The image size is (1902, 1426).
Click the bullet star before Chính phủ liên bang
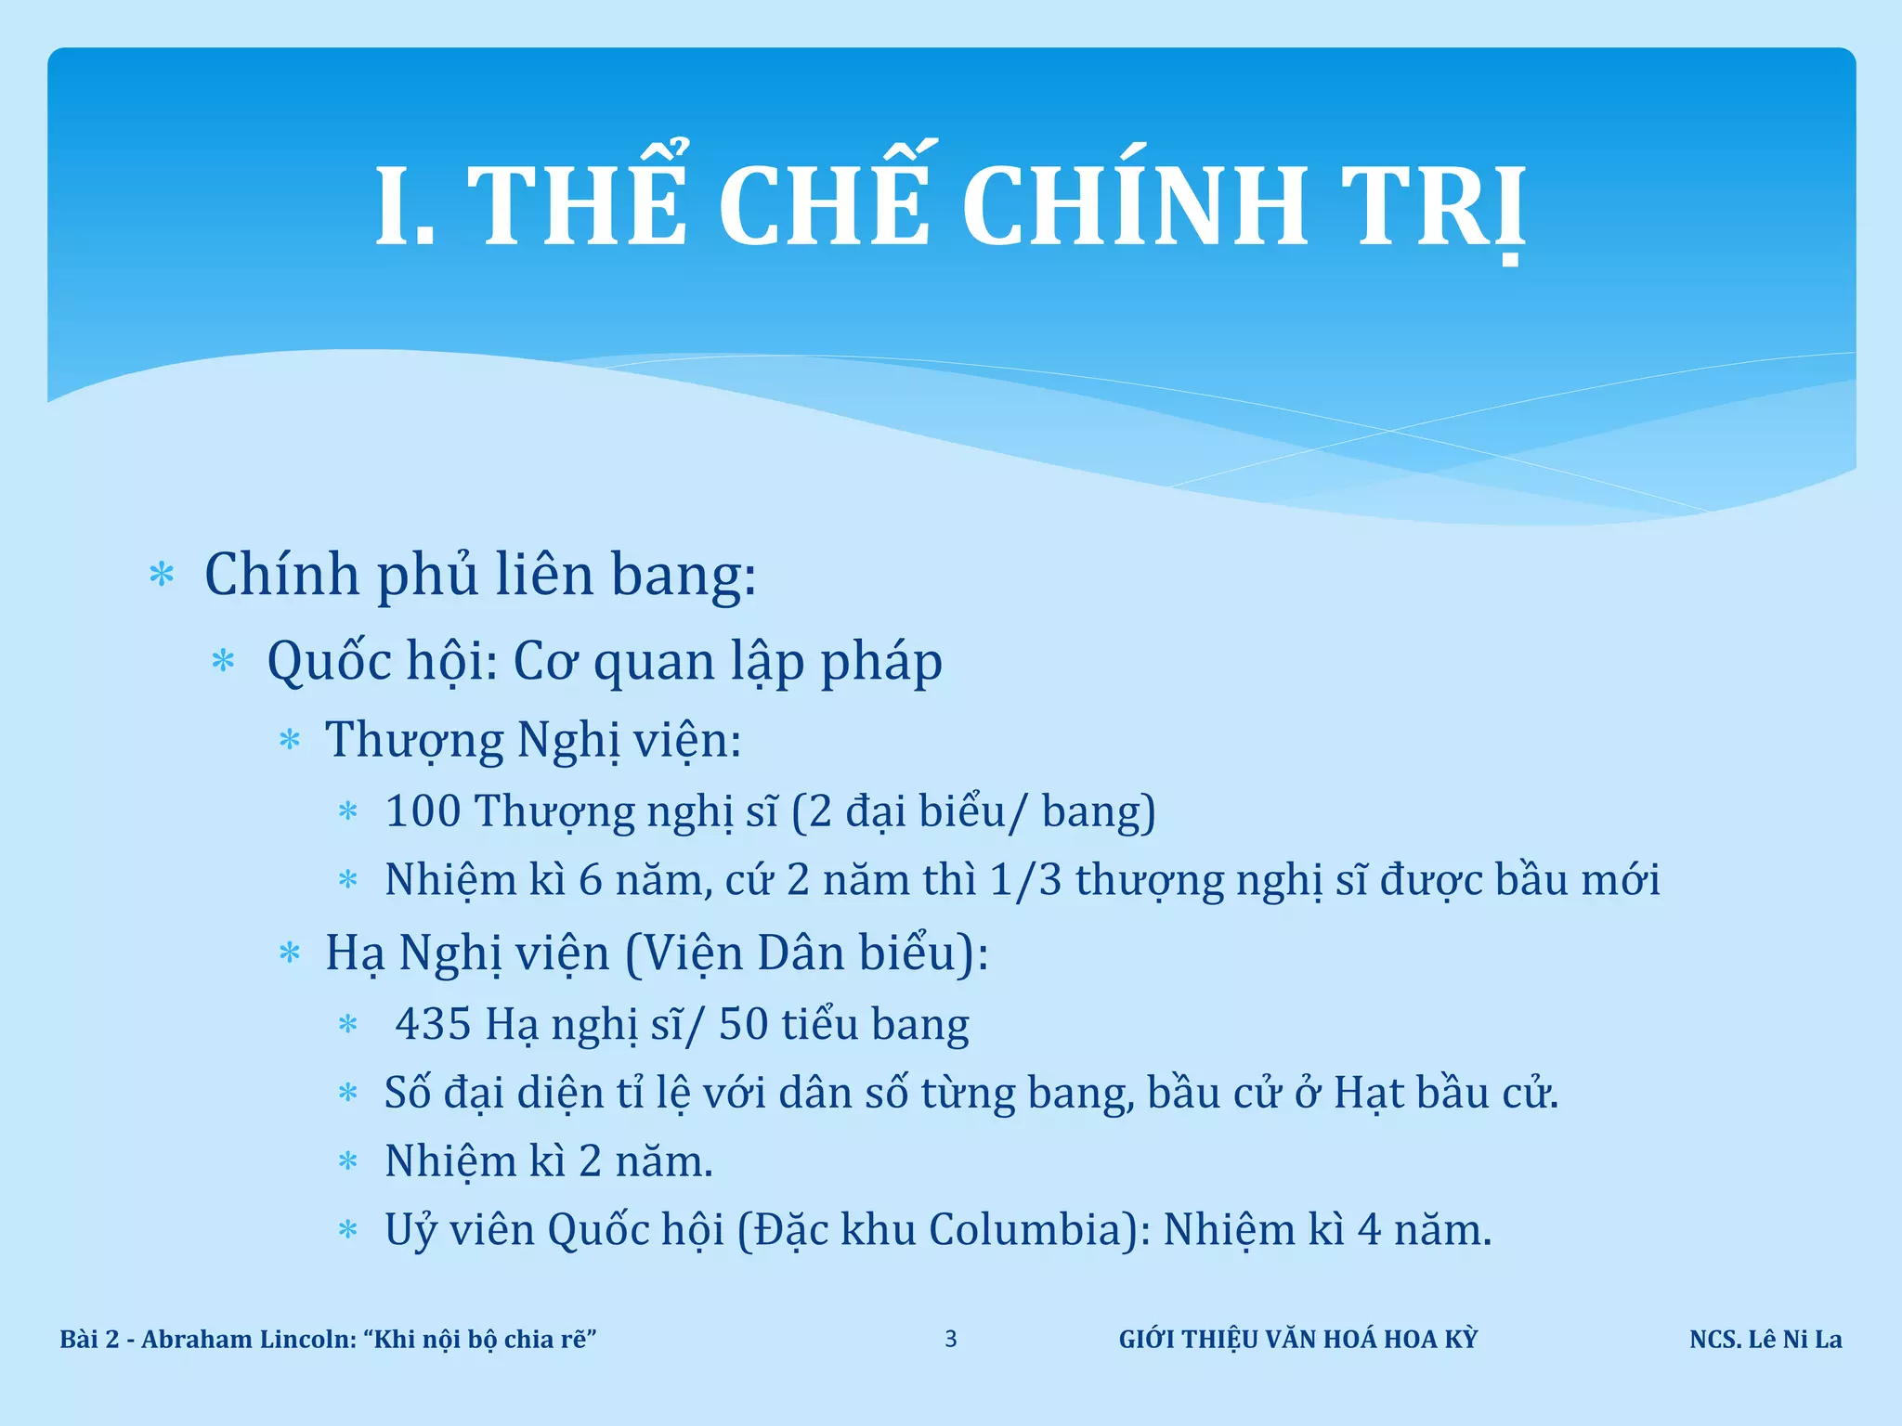point(162,576)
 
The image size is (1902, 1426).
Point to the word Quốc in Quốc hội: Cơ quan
point(328,662)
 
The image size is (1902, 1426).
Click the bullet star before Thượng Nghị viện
point(290,741)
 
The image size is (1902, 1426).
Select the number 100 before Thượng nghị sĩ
point(423,810)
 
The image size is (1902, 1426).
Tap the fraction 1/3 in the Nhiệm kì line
point(1025,880)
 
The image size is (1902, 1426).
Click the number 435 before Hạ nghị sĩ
point(433,1024)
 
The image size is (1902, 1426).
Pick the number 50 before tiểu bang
point(743,1024)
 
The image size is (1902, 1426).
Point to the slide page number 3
point(950,1339)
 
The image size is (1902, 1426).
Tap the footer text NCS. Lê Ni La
point(1765,1340)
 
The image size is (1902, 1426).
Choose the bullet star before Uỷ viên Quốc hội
point(348,1231)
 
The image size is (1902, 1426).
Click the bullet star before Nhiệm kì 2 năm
point(348,1161)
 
